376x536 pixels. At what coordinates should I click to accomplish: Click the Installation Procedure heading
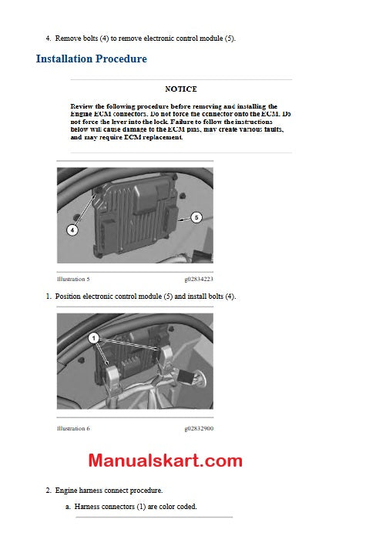(91, 59)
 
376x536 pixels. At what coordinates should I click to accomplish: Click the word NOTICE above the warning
(181, 89)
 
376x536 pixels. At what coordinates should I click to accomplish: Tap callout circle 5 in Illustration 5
(196, 218)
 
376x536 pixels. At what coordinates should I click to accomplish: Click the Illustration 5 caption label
(73, 279)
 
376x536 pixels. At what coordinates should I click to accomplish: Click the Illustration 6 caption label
(73, 428)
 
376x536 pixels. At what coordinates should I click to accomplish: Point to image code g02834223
(199, 279)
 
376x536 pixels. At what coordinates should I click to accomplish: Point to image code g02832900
(199, 428)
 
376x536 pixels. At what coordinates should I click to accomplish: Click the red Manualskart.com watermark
(165, 461)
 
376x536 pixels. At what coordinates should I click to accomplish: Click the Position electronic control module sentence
(146, 296)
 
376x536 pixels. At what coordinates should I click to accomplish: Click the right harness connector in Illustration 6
(170, 360)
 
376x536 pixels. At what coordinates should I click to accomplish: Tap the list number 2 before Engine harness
(48, 490)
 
